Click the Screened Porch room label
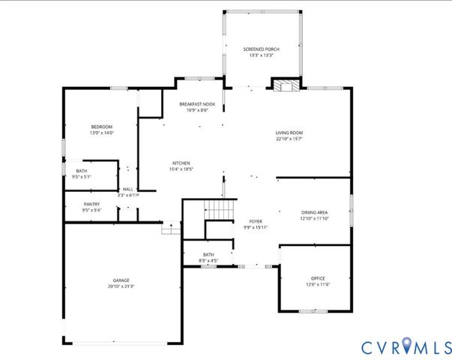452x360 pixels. point(262,49)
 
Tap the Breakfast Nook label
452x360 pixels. point(197,103)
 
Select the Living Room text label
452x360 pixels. point(289,133)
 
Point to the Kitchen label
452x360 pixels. point(181,163)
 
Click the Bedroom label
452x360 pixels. point(101,127)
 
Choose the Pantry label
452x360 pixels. point(91,204)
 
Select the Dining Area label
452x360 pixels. point(315,212)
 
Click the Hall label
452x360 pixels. point(128,189)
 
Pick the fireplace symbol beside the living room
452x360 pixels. point(285,85)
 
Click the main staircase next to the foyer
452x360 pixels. point(220,211)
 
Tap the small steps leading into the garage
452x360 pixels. point(172,227)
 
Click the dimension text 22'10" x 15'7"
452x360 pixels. point(289,139)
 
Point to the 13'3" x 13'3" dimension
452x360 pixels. point(262,55)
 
